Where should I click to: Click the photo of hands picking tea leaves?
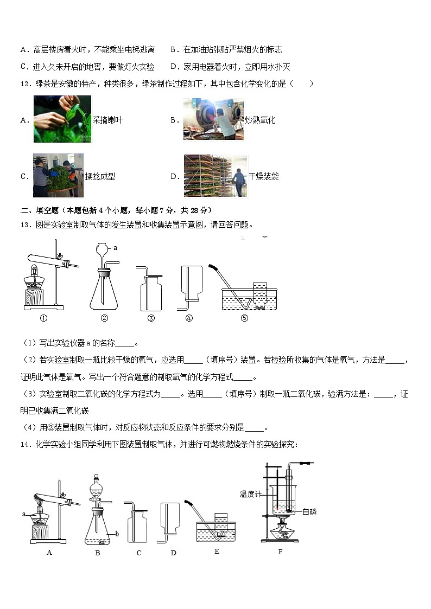(62, 119)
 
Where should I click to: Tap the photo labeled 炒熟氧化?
(212, 119)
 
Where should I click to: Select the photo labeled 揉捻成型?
(58, 176)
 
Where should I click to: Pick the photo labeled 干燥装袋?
(215, 176)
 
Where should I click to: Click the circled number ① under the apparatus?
(44, 318)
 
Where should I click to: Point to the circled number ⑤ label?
(244, 318)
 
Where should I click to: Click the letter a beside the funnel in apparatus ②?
(116, 248)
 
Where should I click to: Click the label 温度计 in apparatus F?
(251, 494)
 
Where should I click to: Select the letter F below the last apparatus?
(280, 552)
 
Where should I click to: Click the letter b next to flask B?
(117, 534)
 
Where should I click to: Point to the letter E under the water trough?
(217, 552)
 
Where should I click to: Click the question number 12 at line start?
(24, 84)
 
